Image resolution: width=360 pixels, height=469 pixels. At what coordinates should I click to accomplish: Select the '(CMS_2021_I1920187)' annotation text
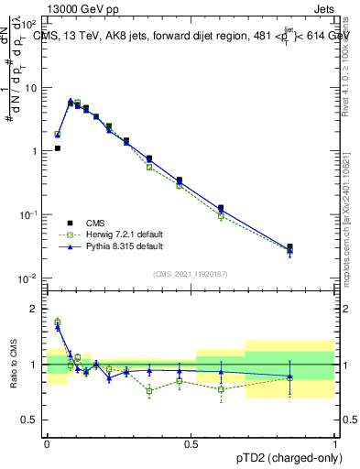(190, 273)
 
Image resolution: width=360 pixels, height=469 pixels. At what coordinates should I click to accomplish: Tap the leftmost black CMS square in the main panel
(57, 147)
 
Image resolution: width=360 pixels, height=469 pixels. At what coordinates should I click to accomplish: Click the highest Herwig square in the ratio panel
(57, 322)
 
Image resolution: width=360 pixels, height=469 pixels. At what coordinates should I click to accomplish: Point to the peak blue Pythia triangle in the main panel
(71, 101)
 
